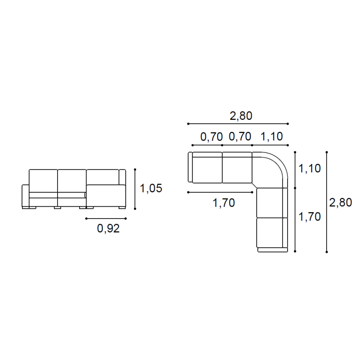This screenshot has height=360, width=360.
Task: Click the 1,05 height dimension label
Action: point(151,188)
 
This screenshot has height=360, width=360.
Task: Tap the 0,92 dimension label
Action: point(108,228)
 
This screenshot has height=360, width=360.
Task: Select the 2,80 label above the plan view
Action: point(241,116)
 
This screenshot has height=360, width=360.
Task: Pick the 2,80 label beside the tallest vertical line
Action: point(341,202)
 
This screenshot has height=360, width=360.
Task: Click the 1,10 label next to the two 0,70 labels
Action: point(271,137)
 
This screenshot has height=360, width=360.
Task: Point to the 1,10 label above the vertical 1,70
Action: point(310,169)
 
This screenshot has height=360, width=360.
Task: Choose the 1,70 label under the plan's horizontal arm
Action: point(224,203)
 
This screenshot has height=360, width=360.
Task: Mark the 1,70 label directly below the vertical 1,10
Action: point(310,217)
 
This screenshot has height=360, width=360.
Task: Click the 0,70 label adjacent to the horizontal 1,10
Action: point(240,137)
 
